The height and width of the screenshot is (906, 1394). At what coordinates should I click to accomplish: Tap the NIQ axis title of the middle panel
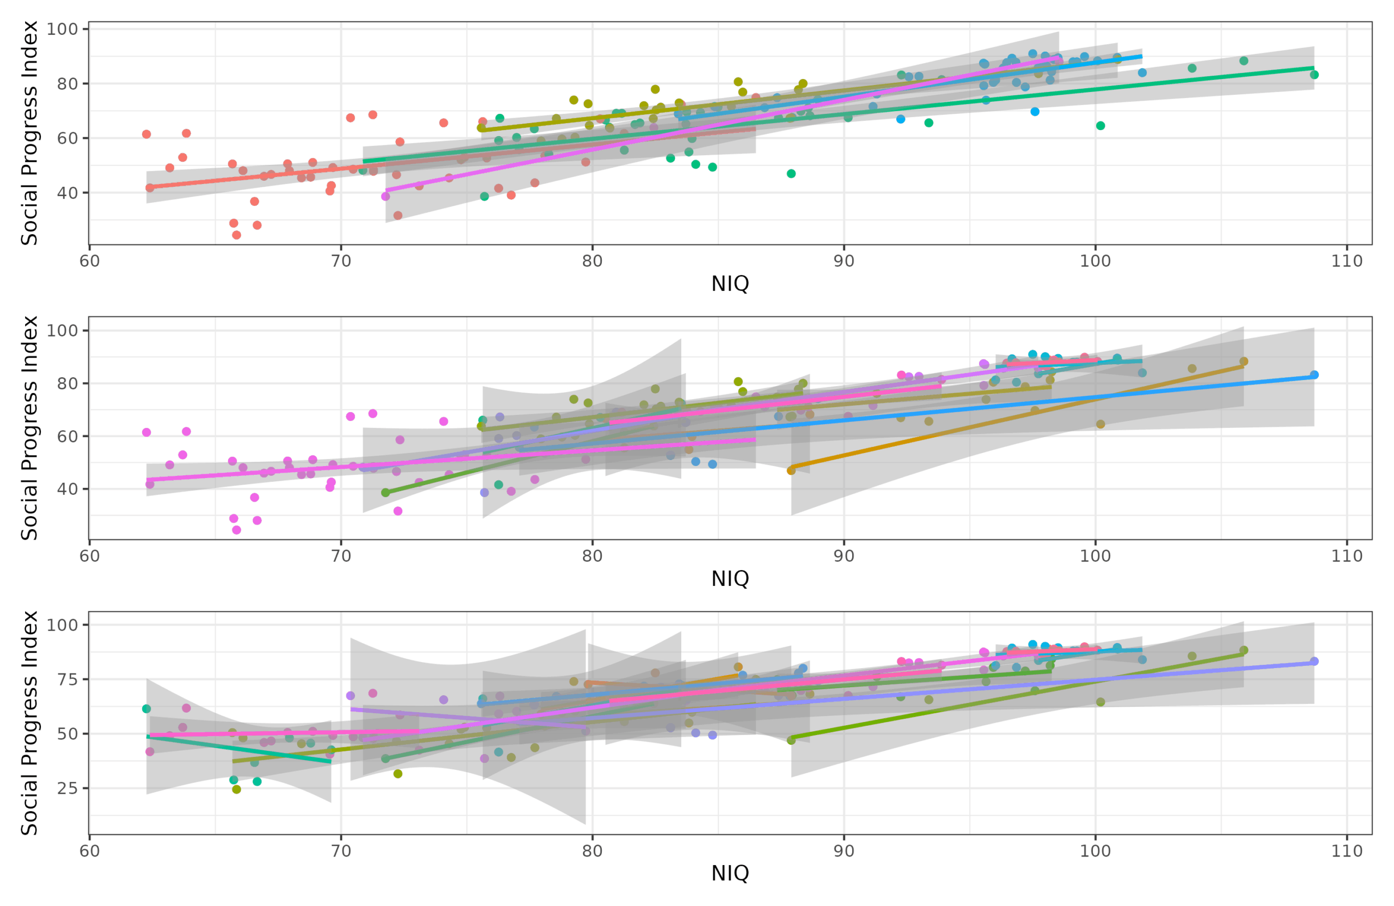pyautogui.click(x=730, y=579)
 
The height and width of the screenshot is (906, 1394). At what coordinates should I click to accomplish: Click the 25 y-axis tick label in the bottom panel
pyautogui.click(x=68, y=788)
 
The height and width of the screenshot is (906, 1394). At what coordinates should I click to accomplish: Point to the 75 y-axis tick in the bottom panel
pyautogui.click(x=68, y=679)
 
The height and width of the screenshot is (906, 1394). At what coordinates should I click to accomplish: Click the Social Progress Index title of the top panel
pyautogui.click(x=29, y=133)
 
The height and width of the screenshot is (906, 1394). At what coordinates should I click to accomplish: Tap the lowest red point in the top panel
pyautogui.click(x=237, y=235)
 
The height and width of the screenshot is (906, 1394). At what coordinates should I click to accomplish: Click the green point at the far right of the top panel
pyautogui.click(x=1314, y=75)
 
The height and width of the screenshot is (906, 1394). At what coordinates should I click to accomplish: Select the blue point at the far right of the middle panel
pyautogui.click(x=1314, y=375)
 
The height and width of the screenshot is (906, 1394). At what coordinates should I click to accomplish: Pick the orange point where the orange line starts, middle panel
pyautogui.click(x=791, y=470)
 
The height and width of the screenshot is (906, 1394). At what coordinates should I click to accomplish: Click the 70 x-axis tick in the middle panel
pyautogui.click(x=341, y=556)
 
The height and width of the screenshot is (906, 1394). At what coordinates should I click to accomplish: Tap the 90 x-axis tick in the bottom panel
pyautogui.click(x=844, y=851)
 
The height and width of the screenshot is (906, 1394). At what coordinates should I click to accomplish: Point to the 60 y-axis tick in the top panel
pyautogui.click(x=68, y=138)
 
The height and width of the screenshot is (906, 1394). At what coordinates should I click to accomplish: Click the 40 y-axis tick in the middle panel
pyautogui.click(x=68, y=489)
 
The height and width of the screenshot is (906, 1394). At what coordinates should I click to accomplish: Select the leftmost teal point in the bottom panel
pyautogui.click(x=146, y=709)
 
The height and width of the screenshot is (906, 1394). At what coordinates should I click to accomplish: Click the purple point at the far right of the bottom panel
pyautogui.click(x=1314, y=661)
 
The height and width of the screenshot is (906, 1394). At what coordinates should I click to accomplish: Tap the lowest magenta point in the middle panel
pyautogui.click(x=237, y=530)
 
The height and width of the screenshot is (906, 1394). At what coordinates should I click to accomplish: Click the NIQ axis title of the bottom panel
pyautogui.click(x=730, y=873)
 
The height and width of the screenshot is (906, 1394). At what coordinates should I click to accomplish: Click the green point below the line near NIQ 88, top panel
pyautogui.click(x=791, y=173)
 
